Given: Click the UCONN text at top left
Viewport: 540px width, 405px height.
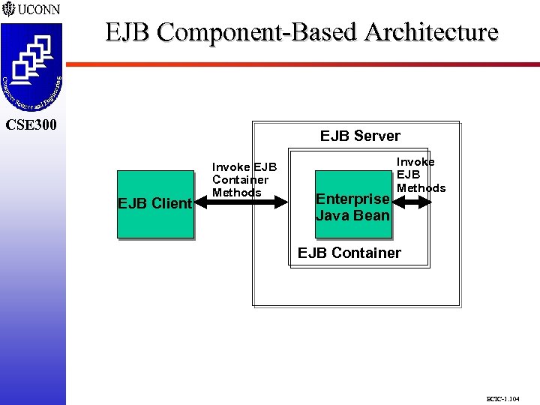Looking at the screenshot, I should coord(39,10).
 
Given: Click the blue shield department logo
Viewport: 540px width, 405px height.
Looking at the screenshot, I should coord(32,67).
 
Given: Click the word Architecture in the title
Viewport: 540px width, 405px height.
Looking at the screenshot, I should coord(431,32).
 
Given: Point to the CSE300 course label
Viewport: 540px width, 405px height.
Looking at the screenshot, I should coord(31,124).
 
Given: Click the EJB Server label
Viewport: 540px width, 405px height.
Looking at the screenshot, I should coord(360,136).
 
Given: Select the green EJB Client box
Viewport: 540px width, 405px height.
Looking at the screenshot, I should coord(155,203).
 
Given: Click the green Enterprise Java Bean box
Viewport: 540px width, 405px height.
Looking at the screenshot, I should coord(352,207).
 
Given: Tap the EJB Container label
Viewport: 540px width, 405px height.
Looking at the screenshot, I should coord(349,253).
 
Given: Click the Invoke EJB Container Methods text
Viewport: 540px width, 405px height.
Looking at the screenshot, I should coord(244,180).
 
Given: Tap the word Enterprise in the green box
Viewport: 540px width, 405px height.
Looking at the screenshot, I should coord(352,199).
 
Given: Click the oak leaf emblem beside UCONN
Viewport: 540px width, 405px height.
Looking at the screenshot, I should coord(8,10).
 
